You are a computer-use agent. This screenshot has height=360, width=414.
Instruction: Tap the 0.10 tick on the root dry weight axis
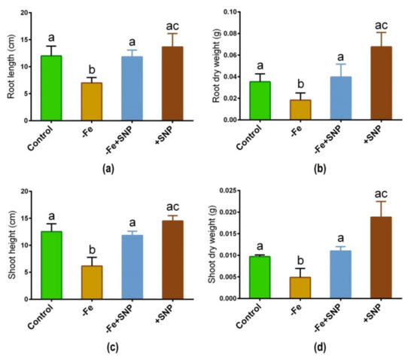click(x=243, y=13)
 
